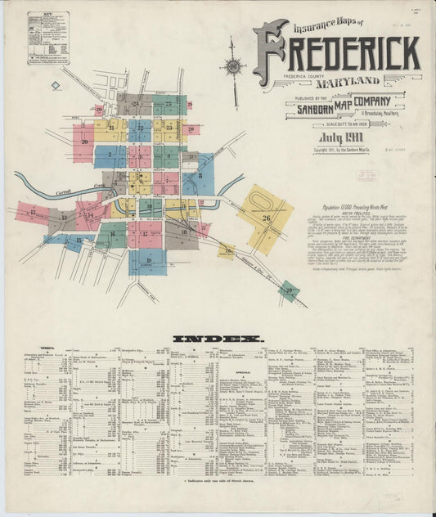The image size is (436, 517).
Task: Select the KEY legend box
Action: click(48, 38)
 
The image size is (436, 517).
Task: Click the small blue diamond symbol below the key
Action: click(55, 85)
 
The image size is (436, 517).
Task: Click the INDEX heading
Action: click(218, 338)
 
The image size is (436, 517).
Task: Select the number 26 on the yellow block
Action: click(267, 218)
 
